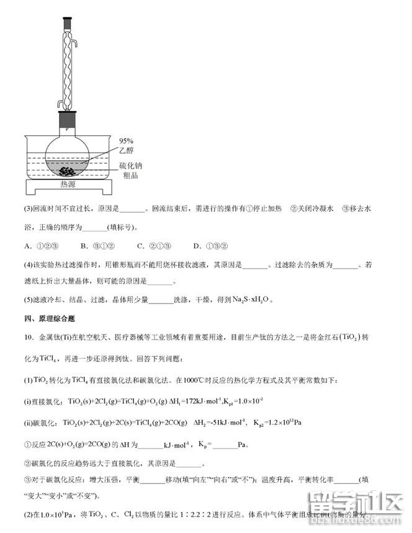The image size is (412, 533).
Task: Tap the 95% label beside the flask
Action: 127,141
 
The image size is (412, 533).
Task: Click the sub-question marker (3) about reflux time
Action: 28,209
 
